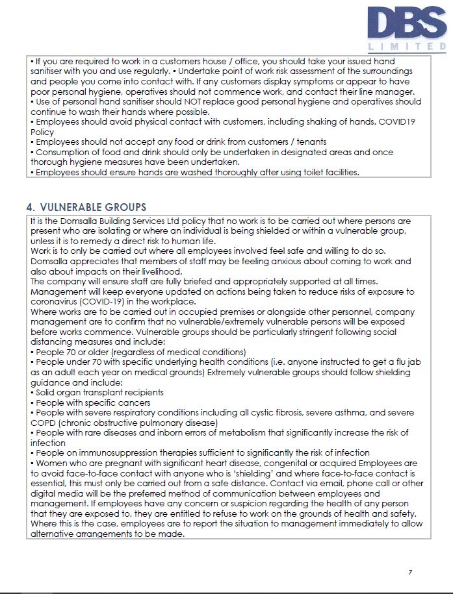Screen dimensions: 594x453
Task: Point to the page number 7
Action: pyautogui.click(x=410, y=572)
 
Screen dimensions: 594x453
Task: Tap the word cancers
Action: pyautogui.click(x=133, y=402)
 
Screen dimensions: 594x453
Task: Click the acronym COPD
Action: pyautogui.click(x=44, y=423)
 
